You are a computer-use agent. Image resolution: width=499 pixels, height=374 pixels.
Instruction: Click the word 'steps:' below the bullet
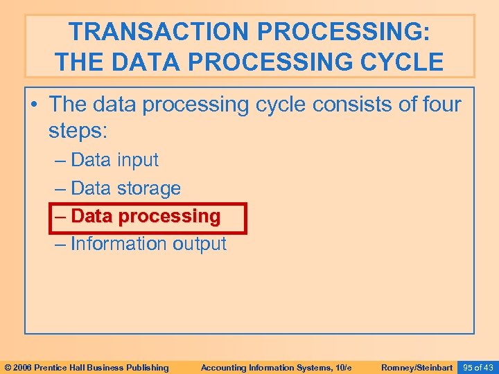tap(80, 130)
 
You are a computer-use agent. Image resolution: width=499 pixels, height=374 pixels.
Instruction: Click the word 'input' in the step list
tap(137, 160)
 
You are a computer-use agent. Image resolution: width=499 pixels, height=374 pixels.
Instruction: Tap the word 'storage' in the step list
tap(148, 188)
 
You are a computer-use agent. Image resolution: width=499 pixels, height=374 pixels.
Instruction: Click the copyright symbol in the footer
tap(8, 367)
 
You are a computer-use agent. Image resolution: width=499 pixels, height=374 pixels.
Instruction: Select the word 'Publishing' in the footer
tap(145, 367)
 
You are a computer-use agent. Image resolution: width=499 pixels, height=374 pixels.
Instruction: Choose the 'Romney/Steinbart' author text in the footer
tap(417, 367)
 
